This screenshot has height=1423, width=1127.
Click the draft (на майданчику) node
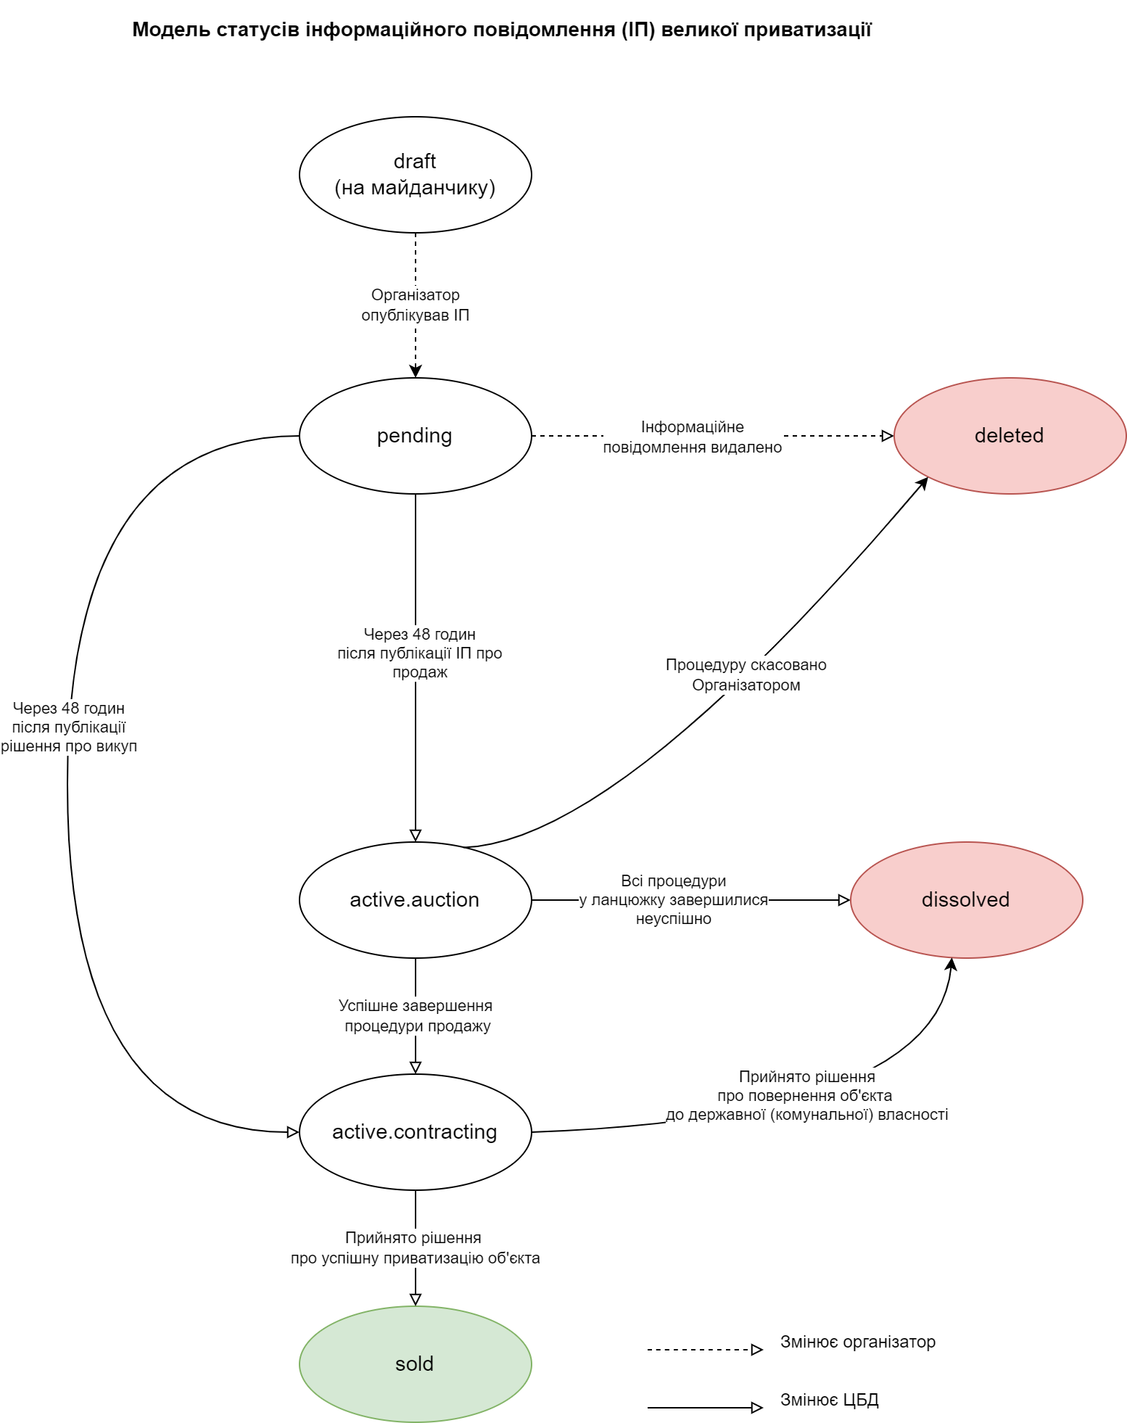[x=415, y=175]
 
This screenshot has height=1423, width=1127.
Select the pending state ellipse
[x=415, y=436]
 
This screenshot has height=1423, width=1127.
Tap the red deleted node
[x=1010, y=436]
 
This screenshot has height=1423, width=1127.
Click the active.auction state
[x=415, y=900]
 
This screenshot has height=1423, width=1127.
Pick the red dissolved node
[x=966, y=900]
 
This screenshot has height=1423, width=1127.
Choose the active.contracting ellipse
[x=415, y=1132]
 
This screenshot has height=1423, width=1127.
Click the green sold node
[x=415, y=1364]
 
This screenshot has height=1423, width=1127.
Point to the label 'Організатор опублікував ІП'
[x=415, y=305]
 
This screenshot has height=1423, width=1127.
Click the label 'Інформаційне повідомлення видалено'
[x=693, y=437]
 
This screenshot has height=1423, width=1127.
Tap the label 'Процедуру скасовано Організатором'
[x=746, y=675]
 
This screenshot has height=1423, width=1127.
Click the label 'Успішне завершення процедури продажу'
[x=416, y=1016]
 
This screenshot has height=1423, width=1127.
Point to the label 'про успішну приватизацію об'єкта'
[x=415, y=1258]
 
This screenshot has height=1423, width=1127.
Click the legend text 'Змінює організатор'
[x=858, y=1342]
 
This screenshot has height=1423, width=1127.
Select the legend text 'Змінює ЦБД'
[x=830, y=1401]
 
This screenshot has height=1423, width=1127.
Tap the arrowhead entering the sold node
[x=416, y=1299]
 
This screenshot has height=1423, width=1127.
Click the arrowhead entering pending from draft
[x=416, y=371]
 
